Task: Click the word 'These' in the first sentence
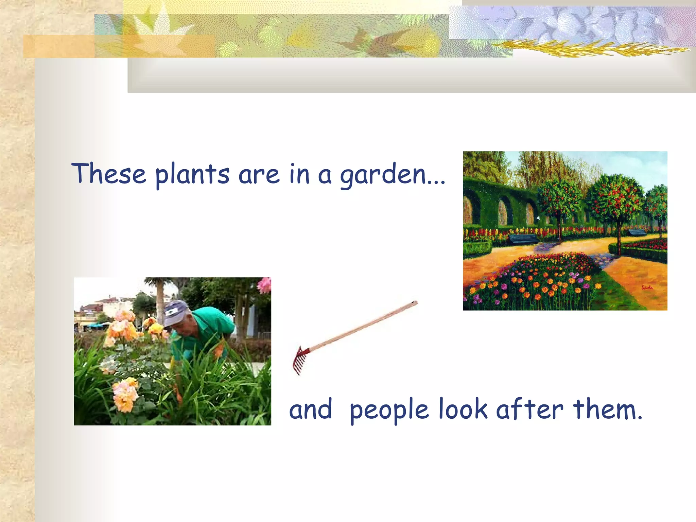click(x=109, y=173)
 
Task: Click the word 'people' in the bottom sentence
click(x=389, y=410)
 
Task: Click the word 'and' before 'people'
click(x=310, y=410)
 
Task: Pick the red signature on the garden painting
click(x=647, y=288)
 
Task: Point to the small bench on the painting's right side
click(x=637, y=232)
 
